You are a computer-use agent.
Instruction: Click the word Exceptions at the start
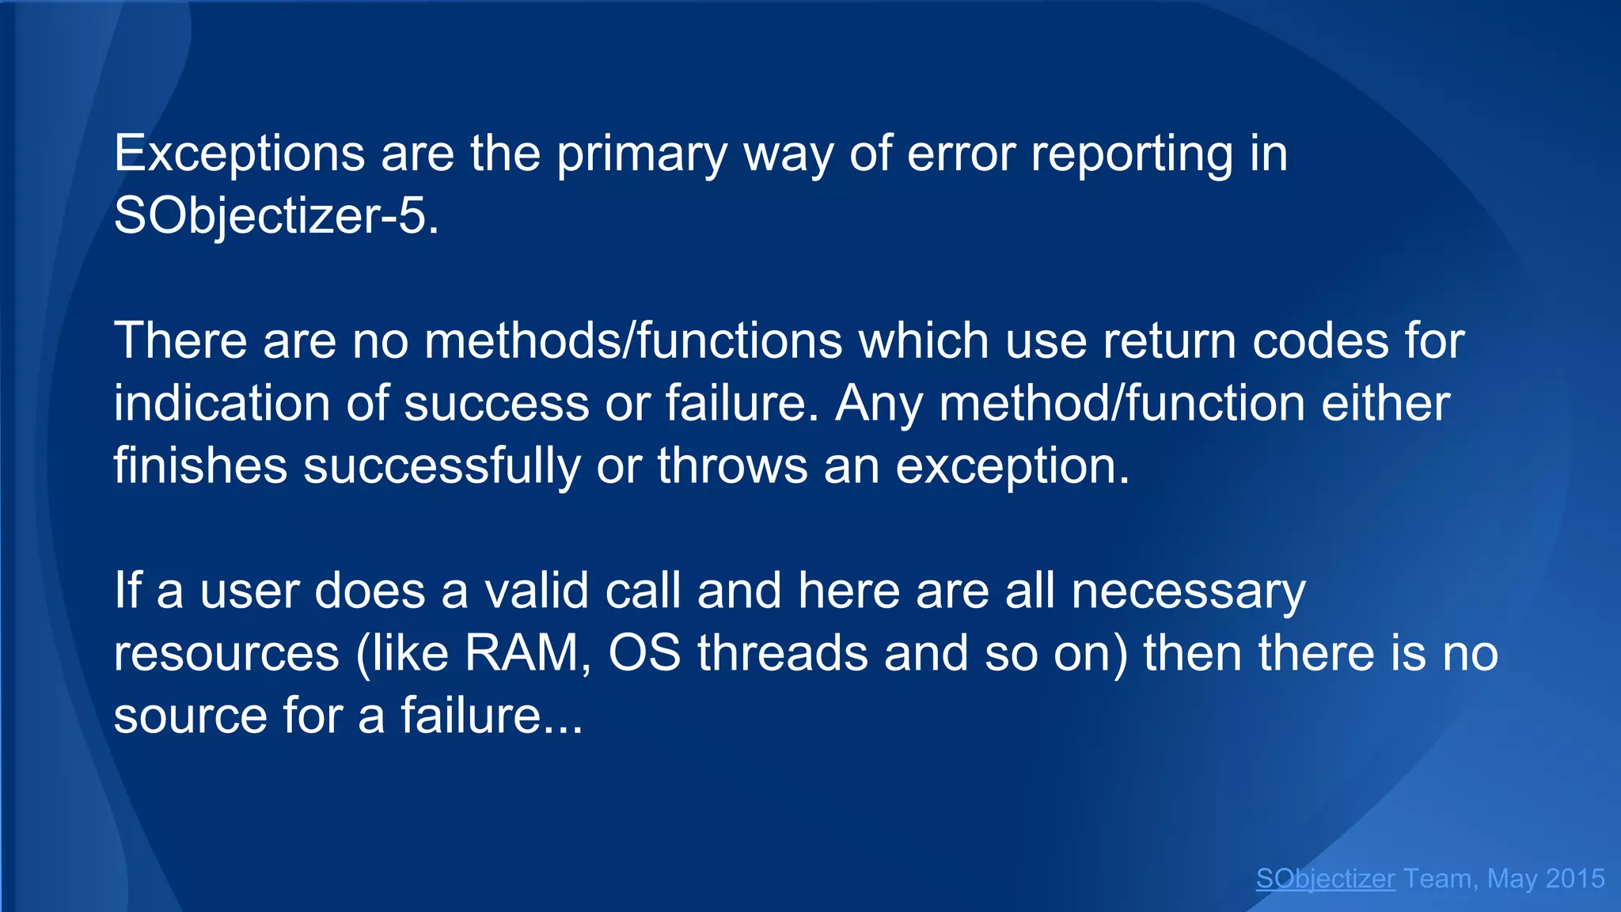[239, 154]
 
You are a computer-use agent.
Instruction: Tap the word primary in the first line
[641, 154]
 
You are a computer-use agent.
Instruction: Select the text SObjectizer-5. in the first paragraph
[276, 215]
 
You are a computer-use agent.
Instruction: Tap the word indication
[221, 403]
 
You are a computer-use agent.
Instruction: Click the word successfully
[442, 465]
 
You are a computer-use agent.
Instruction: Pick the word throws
[732, 465]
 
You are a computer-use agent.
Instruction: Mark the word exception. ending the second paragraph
[1012, 465]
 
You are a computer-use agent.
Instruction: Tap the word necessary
[1187, 591]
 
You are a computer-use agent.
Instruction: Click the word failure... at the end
[492, 715]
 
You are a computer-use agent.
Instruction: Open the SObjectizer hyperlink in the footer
[1325, 879]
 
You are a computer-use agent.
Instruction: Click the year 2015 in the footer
[1574, 879]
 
